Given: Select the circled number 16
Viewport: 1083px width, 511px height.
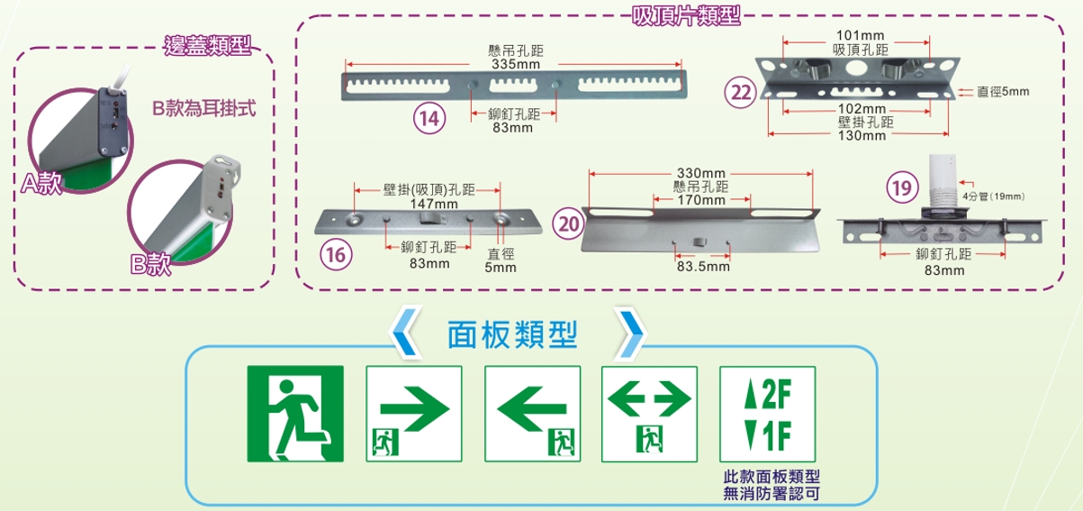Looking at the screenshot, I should pyautogui.click(x=335, y=255).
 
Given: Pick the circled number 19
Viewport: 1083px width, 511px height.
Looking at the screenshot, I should pyautogui.click(x=899, y=188).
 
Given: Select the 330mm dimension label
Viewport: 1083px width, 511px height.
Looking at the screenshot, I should pyautogui.click(x=700, y=172).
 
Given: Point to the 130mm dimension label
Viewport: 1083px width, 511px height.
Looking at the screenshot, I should pyautogui.click(x=862, y=135).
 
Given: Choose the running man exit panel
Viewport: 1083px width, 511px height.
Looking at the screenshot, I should pyautogui.click(x=295, y=415).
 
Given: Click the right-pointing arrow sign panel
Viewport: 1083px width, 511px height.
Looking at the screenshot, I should pyautogui.click(x=413, y=415).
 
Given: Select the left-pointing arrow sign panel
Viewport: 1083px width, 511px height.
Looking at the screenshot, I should pyautogui.click(x=532, y=415).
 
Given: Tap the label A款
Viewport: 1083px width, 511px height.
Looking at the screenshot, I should pyautogui.click(x=41, y=185).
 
